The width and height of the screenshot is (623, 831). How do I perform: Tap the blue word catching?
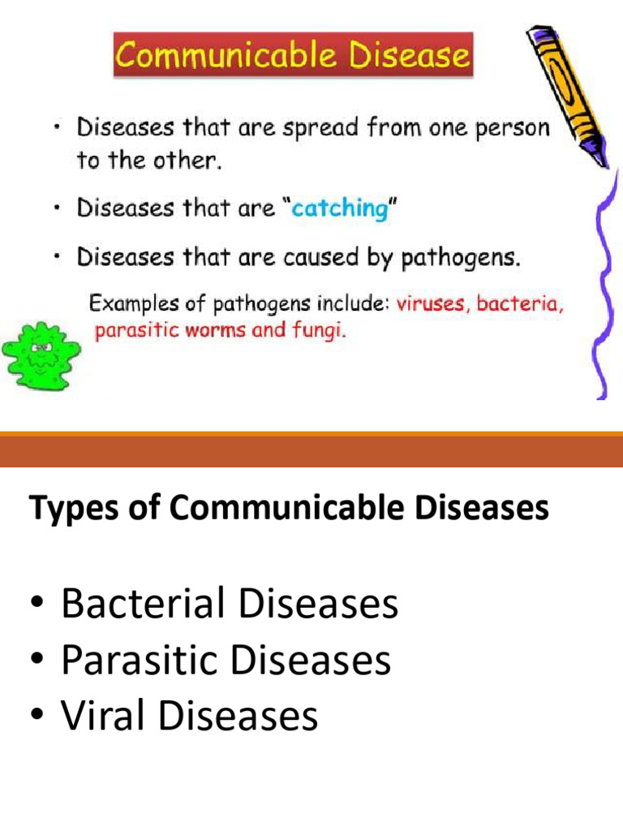point(340,209)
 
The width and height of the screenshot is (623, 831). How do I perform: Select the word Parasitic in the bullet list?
point(141,661)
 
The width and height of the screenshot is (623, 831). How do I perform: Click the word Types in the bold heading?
point(69,510)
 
